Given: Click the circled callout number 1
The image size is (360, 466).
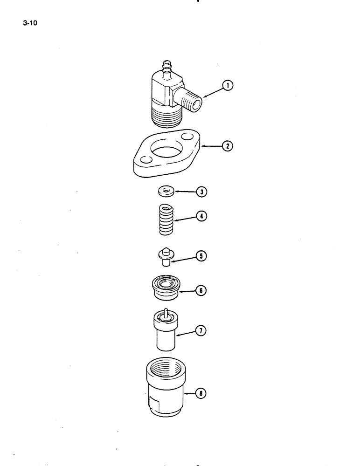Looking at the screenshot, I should pyautogui.click(x=228, y=85).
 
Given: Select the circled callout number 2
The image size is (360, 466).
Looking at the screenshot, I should pyautogui.click(x=228, y=146).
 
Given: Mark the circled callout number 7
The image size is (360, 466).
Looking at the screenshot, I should pyautogui.click(x=201, y=331).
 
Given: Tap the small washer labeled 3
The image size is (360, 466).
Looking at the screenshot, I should pyautogui.click(x=165, y=191).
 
